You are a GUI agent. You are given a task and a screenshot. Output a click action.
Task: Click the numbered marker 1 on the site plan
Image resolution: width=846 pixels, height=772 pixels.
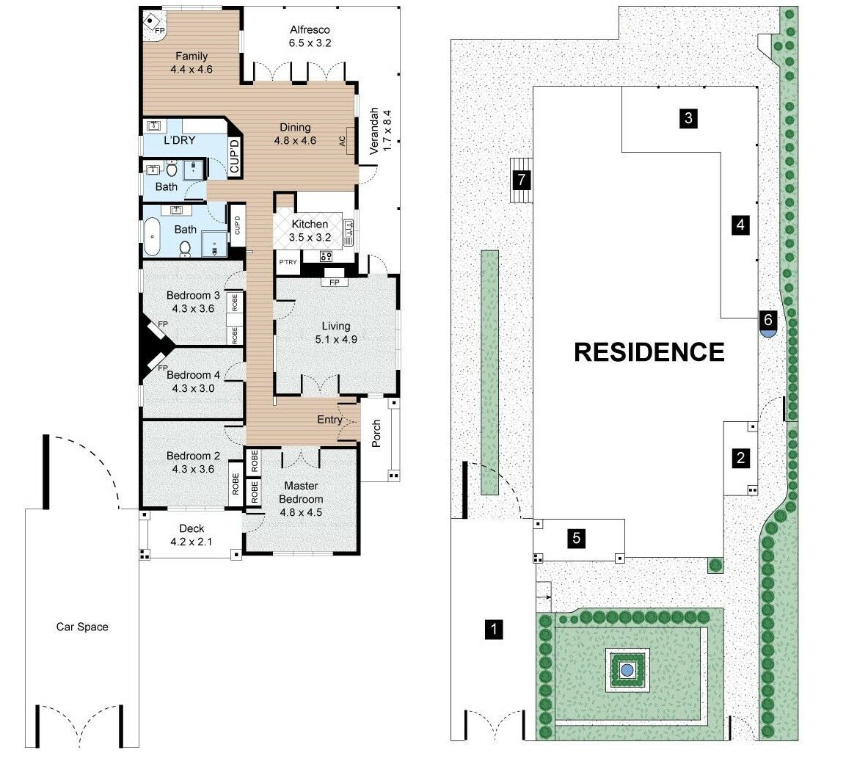[495, 629]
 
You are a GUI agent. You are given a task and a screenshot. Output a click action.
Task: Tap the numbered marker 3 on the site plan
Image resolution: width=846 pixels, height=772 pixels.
[688, 118]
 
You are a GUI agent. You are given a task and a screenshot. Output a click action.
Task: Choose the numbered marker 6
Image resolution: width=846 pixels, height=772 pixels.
[767, 320]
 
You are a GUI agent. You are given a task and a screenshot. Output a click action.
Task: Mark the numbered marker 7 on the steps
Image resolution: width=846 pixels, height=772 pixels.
[522, 178]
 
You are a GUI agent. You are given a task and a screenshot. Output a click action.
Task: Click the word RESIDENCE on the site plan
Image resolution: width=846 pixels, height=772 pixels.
[649, 352]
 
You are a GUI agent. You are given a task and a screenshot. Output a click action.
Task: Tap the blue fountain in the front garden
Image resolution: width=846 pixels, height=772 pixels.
[627, 669]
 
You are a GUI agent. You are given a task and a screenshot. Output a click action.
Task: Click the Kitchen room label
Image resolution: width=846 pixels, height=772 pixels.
[310, 225]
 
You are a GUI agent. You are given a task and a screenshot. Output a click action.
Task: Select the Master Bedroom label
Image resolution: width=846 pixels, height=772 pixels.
[304, 492]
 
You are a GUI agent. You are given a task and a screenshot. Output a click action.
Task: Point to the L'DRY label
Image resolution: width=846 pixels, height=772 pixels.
[179, 140]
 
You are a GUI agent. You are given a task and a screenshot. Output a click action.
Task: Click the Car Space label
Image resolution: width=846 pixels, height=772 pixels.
[82, 627]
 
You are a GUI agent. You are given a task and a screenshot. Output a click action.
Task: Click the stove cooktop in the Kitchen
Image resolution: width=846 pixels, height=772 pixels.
[326, 256]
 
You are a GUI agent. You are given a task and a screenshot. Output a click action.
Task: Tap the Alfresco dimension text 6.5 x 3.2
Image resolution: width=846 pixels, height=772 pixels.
[310, 43]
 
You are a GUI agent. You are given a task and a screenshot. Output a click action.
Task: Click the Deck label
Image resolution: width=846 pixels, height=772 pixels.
[192, 528]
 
